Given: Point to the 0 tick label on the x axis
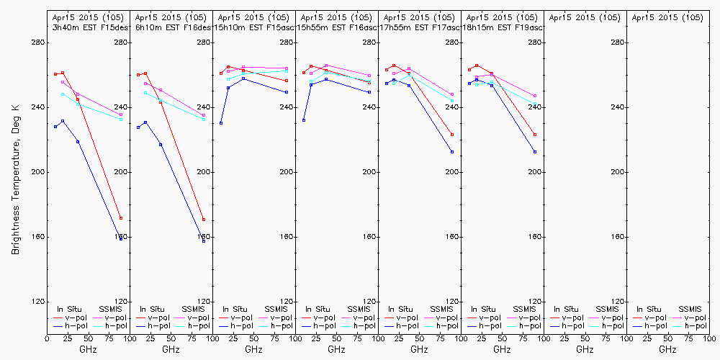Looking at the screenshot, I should coord(47,338).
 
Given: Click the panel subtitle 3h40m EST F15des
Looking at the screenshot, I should coord(87,27).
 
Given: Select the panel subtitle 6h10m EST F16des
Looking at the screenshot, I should coord(170,27).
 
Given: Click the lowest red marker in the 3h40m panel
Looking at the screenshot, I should coord(121,218).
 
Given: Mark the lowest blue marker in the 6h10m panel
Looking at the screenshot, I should coord(204,241).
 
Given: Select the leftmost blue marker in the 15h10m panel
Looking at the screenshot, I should coord(221,123).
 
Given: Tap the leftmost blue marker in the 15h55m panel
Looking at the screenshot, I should coord(304,120).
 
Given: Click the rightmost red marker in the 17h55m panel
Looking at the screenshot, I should coord(452,135).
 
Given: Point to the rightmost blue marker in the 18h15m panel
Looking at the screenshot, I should coord(535,152).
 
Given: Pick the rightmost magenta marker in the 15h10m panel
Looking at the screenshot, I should coord(287,68).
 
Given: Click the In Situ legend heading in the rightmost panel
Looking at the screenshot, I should coord(646,309).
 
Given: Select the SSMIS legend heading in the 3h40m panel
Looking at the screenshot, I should coord(111,309).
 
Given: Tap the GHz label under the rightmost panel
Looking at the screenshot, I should coord(667,349).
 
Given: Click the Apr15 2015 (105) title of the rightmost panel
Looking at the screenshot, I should coord(667,17).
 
